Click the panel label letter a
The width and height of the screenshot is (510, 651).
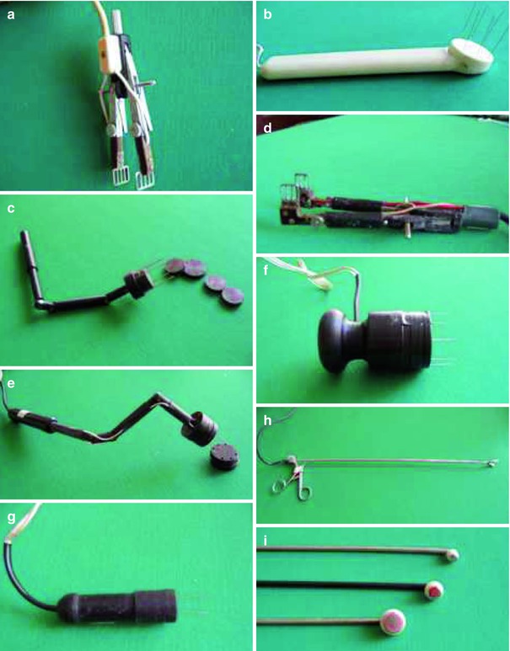point(11,15)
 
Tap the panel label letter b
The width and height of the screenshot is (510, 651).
point(268,14)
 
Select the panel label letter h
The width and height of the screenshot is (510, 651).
point(268,420)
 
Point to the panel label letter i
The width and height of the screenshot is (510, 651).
point(266,540)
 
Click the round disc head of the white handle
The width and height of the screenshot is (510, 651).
point(472,57)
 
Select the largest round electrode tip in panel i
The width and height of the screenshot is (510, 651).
point(394,622)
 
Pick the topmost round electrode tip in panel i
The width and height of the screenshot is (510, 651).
point(452,554)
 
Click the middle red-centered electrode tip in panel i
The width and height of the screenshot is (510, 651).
point(434,590)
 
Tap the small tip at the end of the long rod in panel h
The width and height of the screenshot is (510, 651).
point(493,462)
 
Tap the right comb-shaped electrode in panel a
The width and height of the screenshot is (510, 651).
point(145,180)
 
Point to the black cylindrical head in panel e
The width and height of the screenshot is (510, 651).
point(200,428)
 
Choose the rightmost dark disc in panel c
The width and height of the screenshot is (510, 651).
point(233,296)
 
